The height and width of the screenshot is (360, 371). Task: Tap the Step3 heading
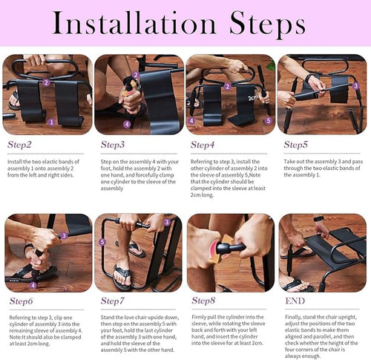click(113, 145)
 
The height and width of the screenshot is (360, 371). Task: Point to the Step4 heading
click(204, 145)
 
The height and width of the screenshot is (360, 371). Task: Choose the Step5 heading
click(295, 145)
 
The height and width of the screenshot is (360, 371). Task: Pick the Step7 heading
click(113, 301)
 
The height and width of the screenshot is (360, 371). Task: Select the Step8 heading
click(204, 301)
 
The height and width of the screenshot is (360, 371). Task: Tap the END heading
click(295, 301)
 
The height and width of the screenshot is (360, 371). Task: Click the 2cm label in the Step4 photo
click(255, 96)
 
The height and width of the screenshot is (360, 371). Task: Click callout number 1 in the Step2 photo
click(51, 121)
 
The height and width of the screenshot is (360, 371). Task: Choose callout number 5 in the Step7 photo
click(102, 241)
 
